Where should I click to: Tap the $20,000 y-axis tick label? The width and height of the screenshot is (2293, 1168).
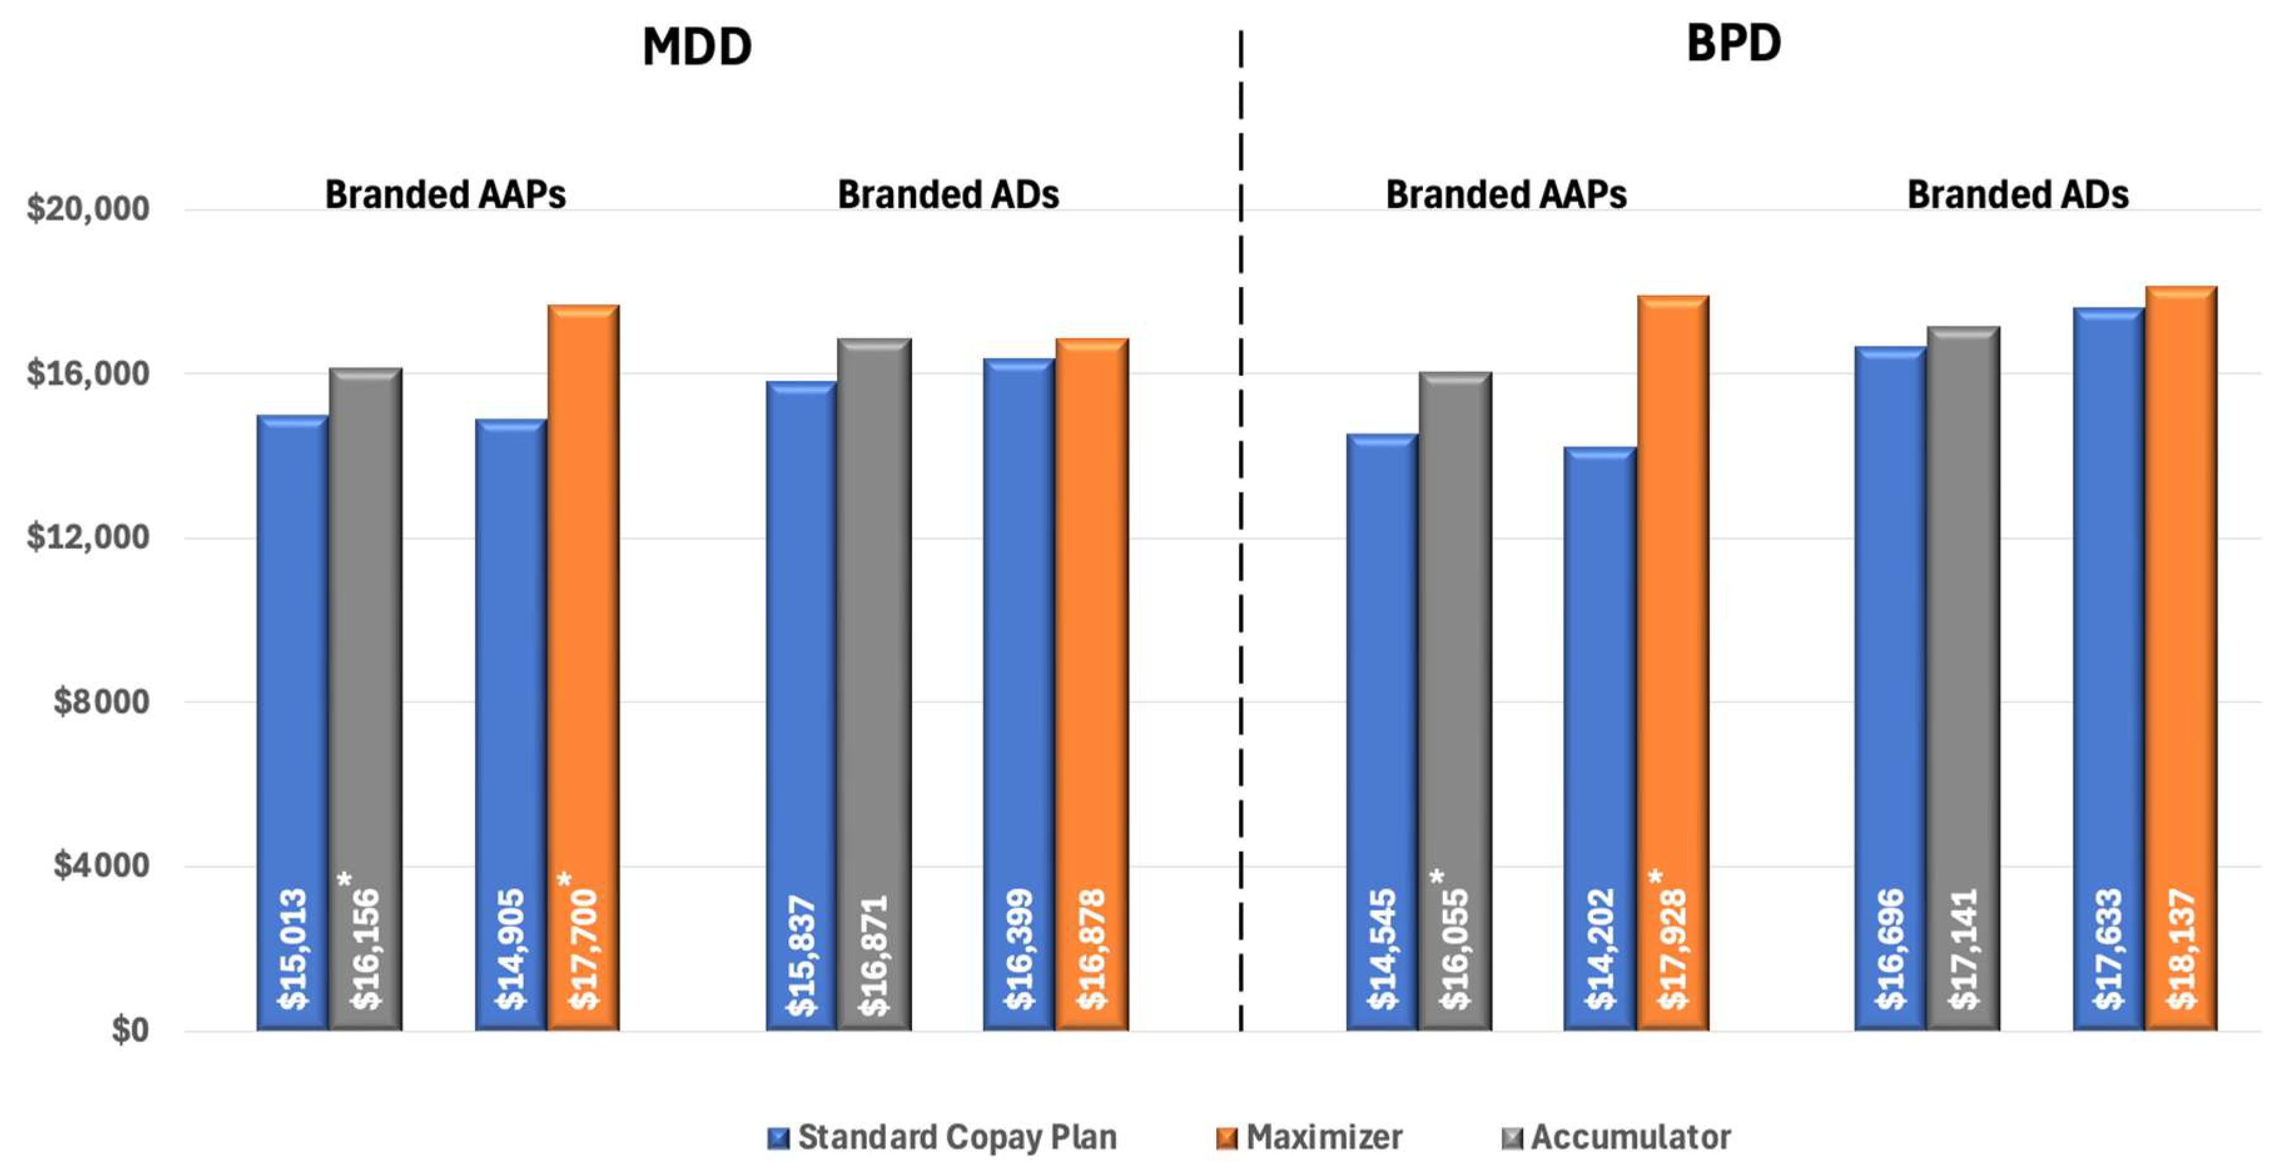click(87, 209)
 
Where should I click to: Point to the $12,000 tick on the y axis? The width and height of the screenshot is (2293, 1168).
click(87, 538)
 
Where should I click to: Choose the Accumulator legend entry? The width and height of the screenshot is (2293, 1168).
click(1616, 1138)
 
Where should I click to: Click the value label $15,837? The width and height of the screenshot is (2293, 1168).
click(801, 955)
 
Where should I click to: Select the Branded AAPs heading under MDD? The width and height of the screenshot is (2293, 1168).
click(445, 194)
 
